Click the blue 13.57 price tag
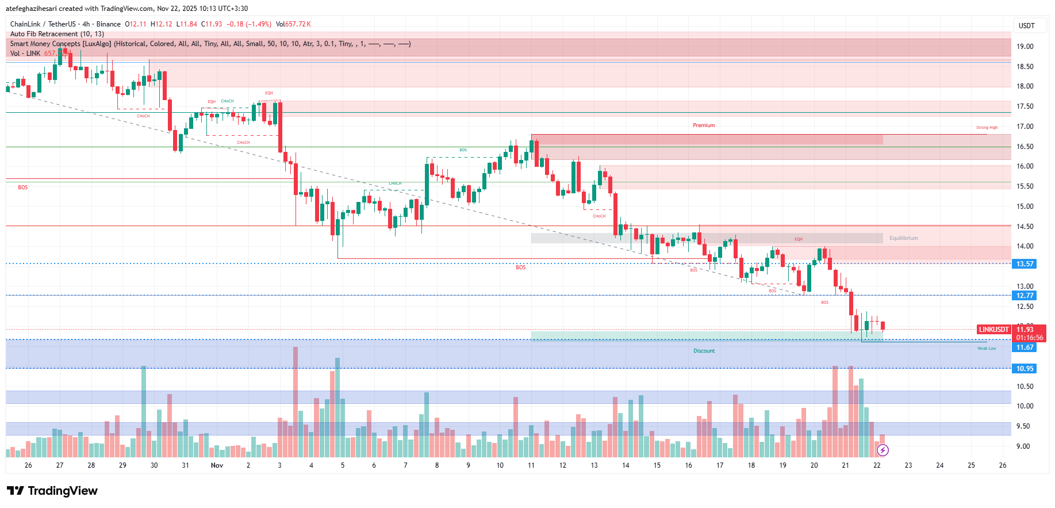[x=1025, y=264]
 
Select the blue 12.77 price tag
[x=1025, y=296]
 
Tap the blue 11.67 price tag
[x=1025, y=347]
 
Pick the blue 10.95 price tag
[x=1025, y=369]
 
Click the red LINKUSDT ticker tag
[x=993, y=330]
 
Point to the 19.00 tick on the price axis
[x=1025, y=47]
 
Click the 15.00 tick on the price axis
[x=1025, y=207]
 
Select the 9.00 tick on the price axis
[x=1023, y=446]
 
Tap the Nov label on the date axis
[x=217, y=465]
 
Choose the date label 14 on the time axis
[x=626, y=465]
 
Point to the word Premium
[x=704, y=125]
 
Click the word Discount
[x=704, y=351]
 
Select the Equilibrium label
[x=903, y=238]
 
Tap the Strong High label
[x=987, y=128]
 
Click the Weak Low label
[x=987, y=349]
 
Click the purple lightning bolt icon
[x=883, y=450]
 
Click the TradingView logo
[x=52, y=491]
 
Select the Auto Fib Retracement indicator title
[x=57, y=34]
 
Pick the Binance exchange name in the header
[x=109, y=24]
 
